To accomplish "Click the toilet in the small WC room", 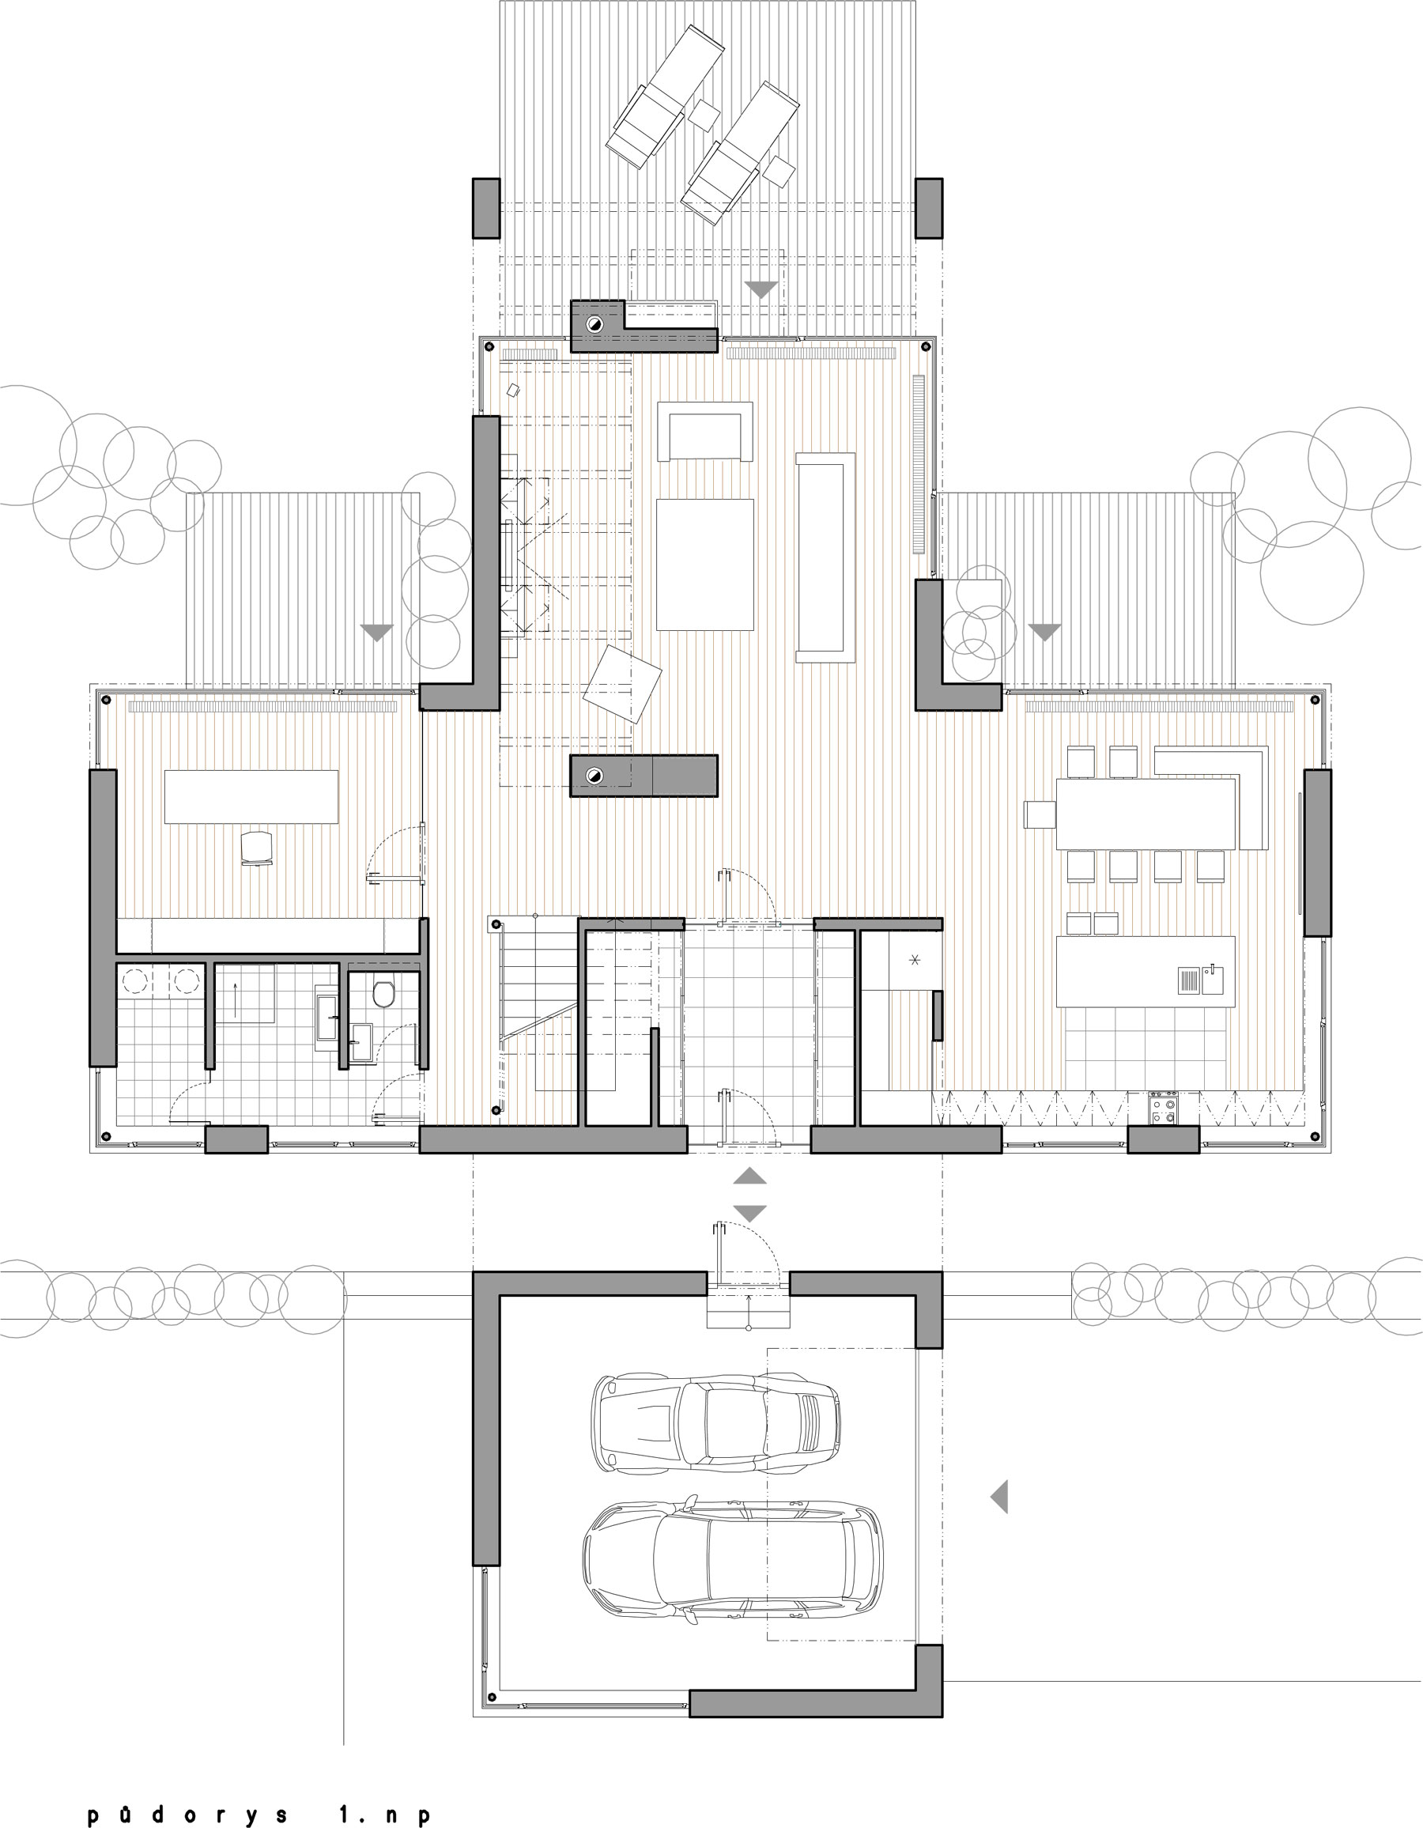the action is click(384, 994).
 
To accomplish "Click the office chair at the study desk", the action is click(257, 848).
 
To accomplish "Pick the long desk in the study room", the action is click(251, 797).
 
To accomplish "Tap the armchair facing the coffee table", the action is click(705, 431).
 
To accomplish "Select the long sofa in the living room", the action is click(825, 557).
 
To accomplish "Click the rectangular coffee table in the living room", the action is click(705, 565).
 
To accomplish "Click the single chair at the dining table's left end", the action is click(1040, 814).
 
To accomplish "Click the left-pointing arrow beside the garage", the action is click(999, 1496).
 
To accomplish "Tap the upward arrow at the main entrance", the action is click(750, 1176).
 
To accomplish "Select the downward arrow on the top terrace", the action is click(761, 289).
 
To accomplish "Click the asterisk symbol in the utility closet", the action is click(914, 960).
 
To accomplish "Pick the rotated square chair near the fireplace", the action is click(622, 684).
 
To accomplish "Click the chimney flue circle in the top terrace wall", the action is click(594, 323).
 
